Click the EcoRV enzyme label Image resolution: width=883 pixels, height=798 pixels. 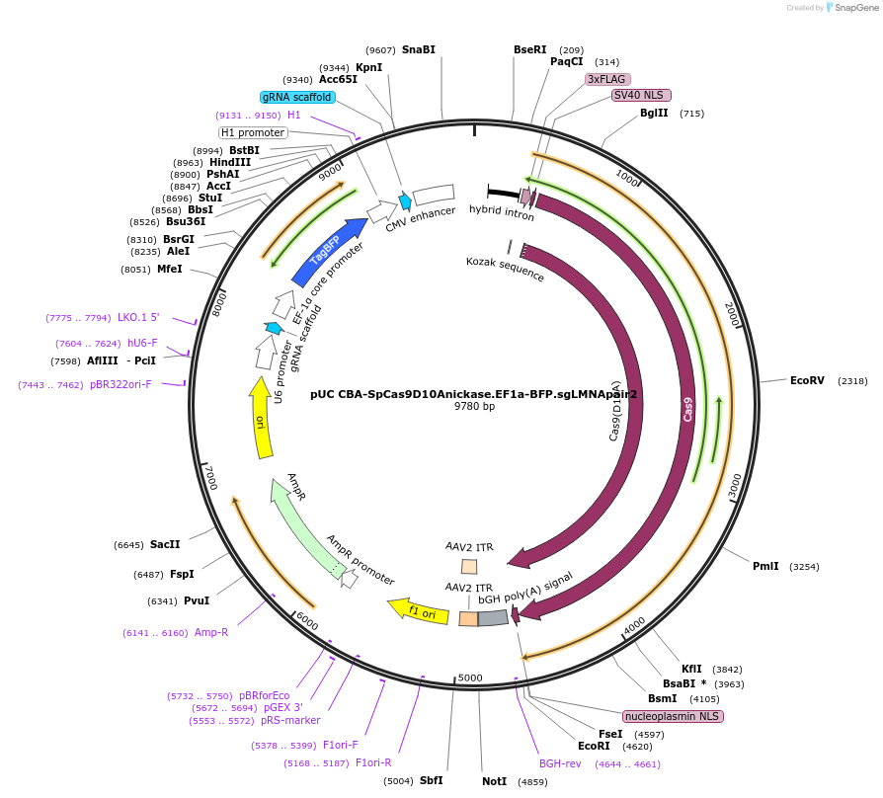(807, 380)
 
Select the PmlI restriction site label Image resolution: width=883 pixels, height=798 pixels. (765, 566)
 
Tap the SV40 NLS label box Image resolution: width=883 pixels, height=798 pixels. (641, 96)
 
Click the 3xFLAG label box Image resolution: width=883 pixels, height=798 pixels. (607, 79)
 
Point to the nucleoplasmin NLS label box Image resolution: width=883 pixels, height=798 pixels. (673, 716)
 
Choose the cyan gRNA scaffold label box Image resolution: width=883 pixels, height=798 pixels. (297, 97)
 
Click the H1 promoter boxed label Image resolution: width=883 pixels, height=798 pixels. (253, 132)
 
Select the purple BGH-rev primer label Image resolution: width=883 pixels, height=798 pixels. (560, 763)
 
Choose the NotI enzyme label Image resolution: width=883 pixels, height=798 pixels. (494, 781)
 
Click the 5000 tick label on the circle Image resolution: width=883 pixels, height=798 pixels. (470, 678)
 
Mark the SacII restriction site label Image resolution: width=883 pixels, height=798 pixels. (165, 544)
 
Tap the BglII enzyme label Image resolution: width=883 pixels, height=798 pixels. (654, 114)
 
